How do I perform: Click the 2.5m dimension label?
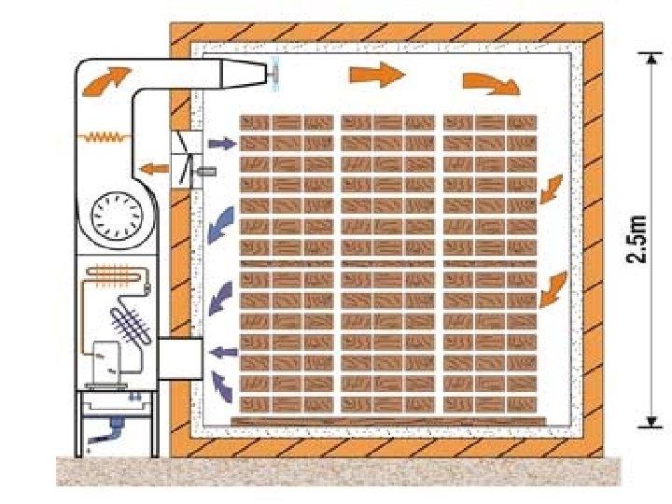[x=638, y=239]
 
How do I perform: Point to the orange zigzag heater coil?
[x=106, y=136]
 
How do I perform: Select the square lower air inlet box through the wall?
[x=181, y=359]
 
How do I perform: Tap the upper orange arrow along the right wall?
[x=551, y=188]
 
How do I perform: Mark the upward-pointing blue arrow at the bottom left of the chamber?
[x=220, y=383]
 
